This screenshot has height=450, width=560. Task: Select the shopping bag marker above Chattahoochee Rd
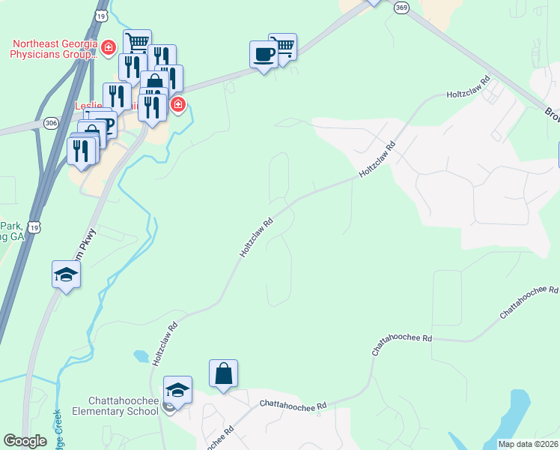tap(224, 374)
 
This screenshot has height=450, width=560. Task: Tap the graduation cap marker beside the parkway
tap(67, 275)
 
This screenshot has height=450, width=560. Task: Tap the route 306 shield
tap(51, 123)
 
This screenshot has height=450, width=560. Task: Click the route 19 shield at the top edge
tap(101, 15)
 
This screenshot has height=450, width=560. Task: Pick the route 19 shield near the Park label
tap(32, 226)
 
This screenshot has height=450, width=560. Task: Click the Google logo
tap(25, 441)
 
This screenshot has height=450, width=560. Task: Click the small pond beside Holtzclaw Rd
tap(140, 356)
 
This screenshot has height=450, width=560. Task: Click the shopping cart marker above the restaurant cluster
tap(138, 43)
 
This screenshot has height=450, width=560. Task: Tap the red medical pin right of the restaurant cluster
tap(177, 104)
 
